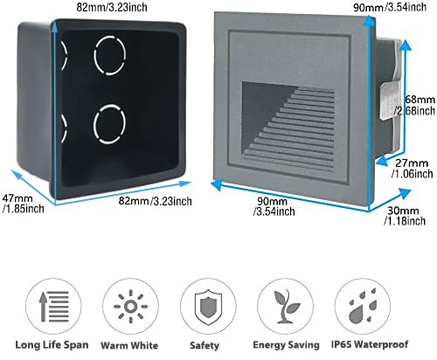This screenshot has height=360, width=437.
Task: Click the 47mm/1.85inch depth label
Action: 23,204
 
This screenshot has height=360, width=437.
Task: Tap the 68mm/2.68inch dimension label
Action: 415,105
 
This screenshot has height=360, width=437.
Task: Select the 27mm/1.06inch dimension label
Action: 413,169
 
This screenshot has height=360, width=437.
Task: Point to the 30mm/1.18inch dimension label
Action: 405,216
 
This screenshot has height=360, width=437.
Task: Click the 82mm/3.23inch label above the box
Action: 112,7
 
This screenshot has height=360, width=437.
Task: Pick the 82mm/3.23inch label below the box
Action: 155,201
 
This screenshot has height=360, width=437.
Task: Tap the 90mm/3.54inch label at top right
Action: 390,7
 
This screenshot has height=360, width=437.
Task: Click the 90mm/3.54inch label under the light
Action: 274,206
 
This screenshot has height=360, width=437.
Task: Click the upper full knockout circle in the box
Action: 110,55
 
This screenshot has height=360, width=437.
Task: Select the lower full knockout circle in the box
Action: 109,124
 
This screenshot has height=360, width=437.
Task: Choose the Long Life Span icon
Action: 53,307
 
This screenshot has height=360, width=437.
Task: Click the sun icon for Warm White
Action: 130,307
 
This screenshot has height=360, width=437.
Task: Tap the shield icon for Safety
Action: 208,307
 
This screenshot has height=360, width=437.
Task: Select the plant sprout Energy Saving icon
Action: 286,307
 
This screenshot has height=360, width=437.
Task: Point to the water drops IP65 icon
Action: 363,307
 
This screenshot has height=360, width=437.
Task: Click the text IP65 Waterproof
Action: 370,344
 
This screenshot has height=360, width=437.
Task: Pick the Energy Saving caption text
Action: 286,345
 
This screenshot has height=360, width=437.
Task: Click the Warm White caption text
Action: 129,345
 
